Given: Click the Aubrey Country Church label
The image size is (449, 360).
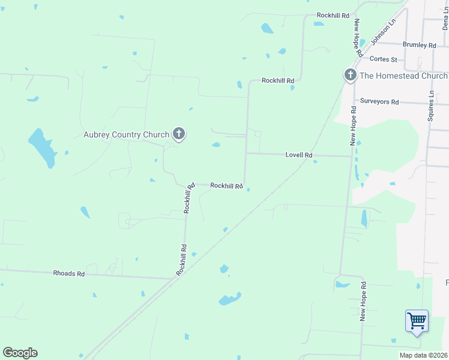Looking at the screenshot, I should tap(126, 134).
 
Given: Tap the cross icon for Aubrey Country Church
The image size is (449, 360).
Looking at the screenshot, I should tap(178, 134).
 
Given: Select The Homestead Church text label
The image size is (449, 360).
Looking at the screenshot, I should tap(403, 76).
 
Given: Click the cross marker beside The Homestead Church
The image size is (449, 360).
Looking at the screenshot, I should tap(350, 76).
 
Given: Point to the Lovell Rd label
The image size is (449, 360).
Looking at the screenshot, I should tap(299, 155).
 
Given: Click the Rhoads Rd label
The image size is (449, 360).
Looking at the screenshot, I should tap(69, 273).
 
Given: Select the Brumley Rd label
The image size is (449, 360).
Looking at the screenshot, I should tap(420, 45).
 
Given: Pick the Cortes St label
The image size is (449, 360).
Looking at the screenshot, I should tap(384, 59).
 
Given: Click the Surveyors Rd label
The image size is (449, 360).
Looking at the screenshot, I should tap(379, 101).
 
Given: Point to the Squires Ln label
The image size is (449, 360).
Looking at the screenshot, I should tap(430, 106).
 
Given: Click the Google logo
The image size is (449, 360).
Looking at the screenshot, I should tap(20, 353).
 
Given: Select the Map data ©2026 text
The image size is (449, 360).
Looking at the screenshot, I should tap(423, 355).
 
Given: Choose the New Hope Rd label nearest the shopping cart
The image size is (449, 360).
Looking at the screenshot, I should tap(363, 299).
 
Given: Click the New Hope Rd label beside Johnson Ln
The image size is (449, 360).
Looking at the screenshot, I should tap(358, 38).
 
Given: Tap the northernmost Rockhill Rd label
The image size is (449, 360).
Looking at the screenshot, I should tap(333, 15).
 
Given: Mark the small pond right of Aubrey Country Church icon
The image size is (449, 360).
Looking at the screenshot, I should tap(215, 145).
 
